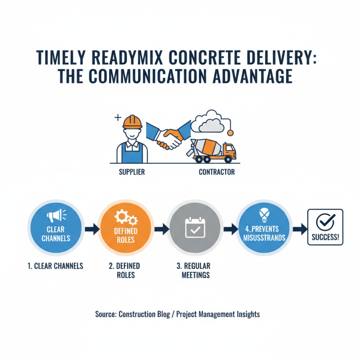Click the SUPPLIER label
pos(132,172)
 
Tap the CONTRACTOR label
pos(216,172)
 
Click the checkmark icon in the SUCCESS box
pos(325,222)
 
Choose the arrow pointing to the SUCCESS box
pos(297,229)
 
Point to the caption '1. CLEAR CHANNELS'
pos(55,266)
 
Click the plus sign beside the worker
pos(118,118)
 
